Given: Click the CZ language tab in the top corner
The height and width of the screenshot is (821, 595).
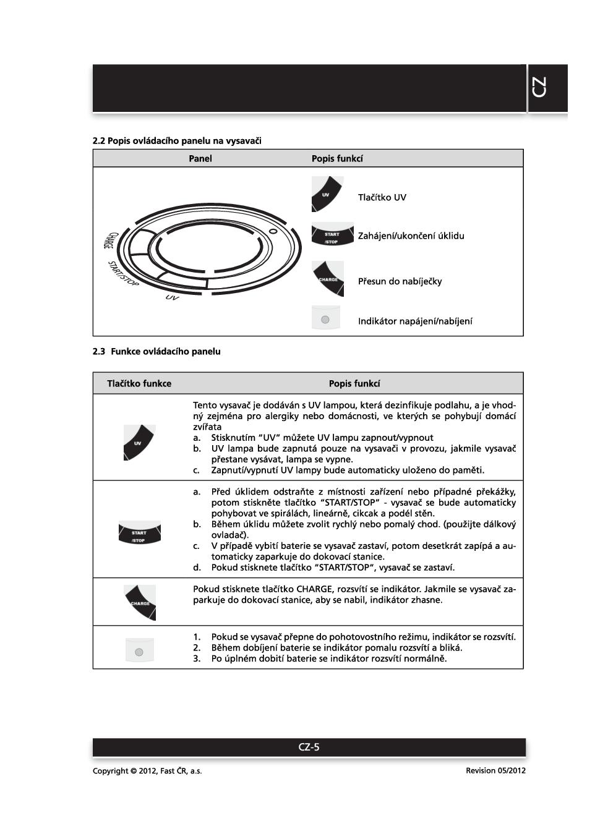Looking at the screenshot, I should pos(539,88).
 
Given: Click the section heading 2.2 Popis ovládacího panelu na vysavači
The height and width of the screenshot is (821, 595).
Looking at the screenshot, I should pos(177,141).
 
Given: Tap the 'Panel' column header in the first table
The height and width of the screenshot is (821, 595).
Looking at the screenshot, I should pos(200,159).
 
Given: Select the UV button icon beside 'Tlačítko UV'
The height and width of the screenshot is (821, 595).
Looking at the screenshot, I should pos(327,194).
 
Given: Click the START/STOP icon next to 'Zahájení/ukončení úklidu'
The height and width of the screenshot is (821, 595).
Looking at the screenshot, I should pos(332,235).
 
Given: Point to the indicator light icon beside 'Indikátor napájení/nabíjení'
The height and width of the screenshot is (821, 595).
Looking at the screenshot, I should pos(325,319).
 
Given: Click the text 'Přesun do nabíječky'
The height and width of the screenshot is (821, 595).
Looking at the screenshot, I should pos(400,281).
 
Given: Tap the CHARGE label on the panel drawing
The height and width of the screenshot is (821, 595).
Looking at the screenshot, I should pos(109,240).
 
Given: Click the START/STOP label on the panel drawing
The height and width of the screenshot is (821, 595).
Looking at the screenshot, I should pos(122,273).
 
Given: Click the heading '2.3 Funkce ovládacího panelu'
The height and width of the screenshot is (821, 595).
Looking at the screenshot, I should pos(156,352).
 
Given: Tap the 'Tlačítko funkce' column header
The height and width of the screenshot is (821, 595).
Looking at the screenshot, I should pos(139,383).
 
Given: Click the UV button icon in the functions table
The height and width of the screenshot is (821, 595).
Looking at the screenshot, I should pos(139,442).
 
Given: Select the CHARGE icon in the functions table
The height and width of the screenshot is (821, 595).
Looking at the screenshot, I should pos(140,602).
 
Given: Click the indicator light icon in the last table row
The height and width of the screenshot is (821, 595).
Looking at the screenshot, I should pos(139,651).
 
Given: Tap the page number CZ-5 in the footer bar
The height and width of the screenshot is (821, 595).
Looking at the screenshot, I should pos(309,747).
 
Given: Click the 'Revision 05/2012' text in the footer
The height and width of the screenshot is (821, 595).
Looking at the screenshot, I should pos(495,770).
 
